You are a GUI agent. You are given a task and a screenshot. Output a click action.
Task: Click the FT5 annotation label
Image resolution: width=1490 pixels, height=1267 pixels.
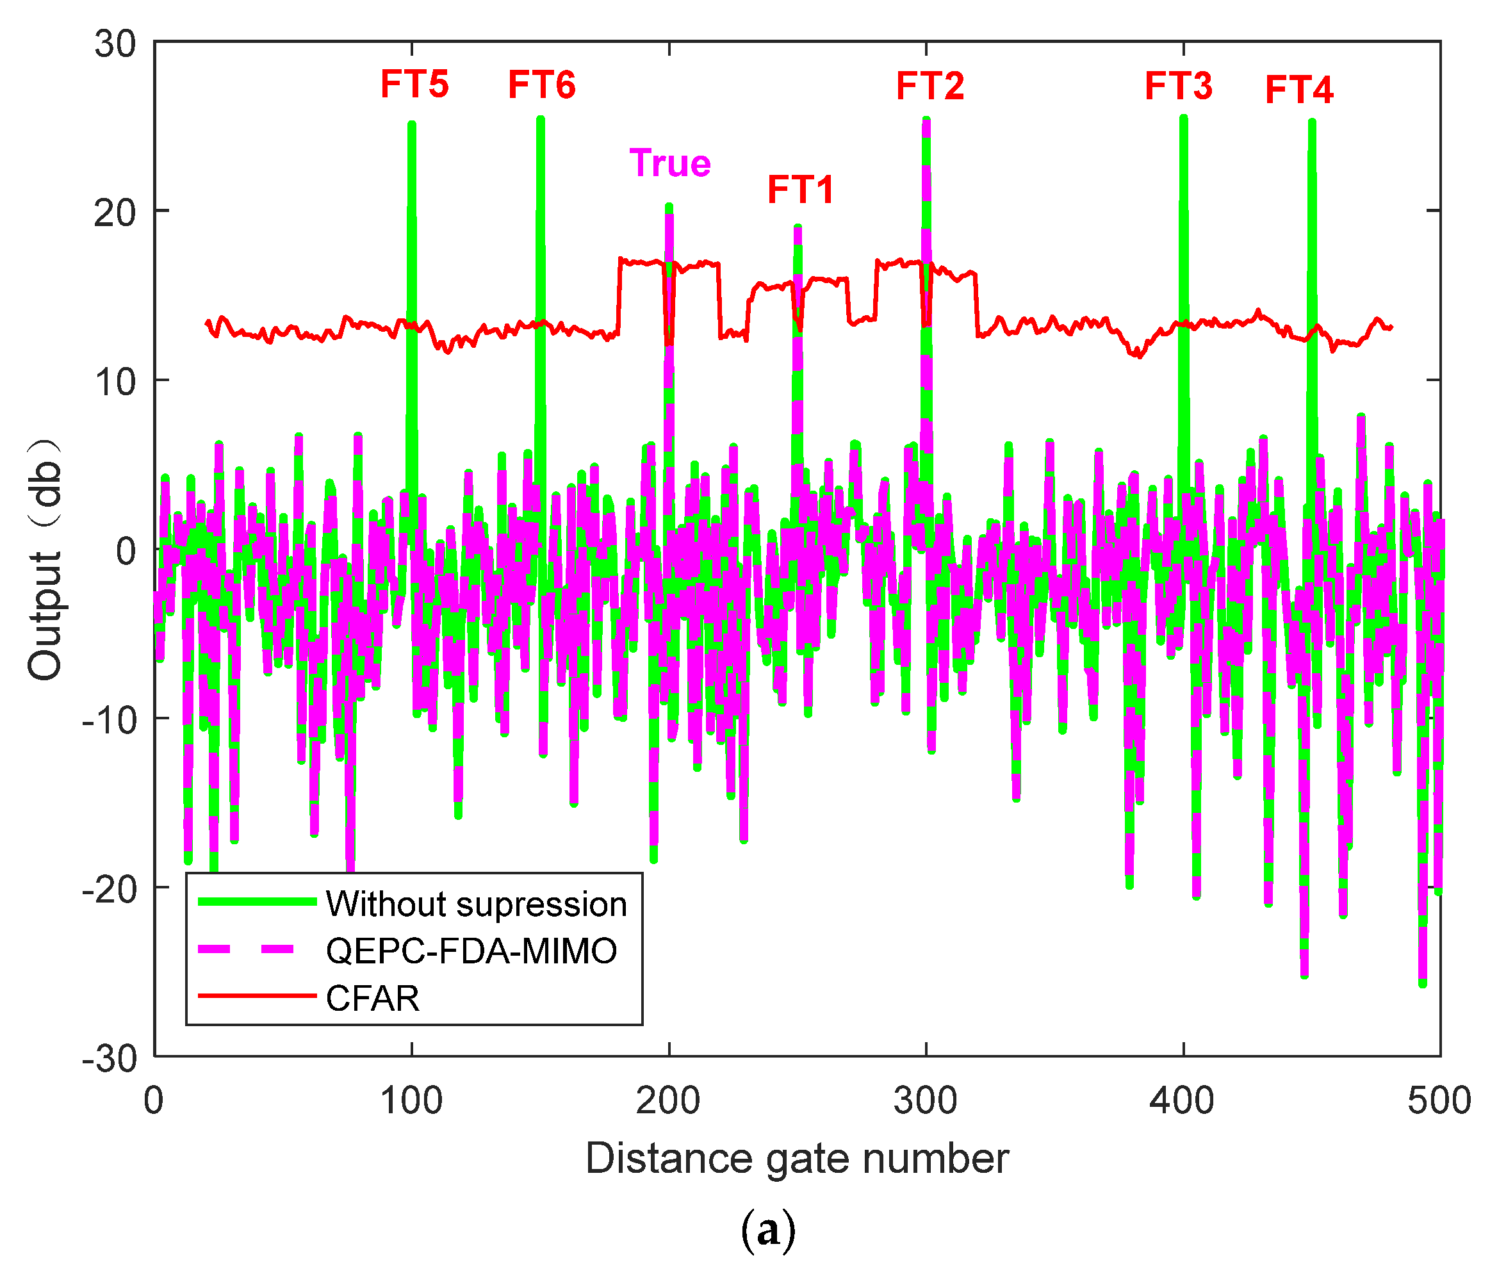coord(414,84)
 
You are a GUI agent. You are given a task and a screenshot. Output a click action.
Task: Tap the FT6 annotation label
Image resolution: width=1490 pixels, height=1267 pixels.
coord(542,85)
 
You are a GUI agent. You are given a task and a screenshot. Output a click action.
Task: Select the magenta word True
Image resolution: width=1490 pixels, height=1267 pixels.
coord(669,163)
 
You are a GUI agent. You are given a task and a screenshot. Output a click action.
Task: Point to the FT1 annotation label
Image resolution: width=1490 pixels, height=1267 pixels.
coord(800,190)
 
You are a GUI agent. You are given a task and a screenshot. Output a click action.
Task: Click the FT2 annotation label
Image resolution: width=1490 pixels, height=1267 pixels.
coord(929,86)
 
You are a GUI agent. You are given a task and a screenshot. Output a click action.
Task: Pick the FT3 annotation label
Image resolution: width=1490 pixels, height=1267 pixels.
coord(1178,86)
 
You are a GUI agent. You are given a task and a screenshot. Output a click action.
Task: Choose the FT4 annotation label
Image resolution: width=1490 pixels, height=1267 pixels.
coord(1298,90)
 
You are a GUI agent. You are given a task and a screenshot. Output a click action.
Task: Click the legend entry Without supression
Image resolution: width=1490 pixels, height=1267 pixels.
coord(475,904)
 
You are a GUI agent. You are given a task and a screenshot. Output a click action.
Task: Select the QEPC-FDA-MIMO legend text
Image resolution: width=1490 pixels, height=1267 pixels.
coord(471,951)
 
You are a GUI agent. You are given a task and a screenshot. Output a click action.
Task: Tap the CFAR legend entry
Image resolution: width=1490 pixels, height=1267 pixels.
coord(372,999)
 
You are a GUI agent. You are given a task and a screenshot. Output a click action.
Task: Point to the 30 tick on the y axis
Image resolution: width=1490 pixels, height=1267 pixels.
coord(115,45)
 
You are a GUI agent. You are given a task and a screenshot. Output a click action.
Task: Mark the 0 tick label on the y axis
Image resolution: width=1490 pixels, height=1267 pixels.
coord(126,552)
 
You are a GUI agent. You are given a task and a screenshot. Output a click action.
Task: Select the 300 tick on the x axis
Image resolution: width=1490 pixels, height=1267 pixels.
coord(925,1101)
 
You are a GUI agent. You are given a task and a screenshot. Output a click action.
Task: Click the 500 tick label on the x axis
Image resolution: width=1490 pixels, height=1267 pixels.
coord(1439,1101)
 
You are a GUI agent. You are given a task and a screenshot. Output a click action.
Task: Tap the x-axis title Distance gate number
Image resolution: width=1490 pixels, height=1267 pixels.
coord(797,1159)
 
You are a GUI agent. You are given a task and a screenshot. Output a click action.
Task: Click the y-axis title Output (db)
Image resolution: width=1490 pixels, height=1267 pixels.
coord(45,558)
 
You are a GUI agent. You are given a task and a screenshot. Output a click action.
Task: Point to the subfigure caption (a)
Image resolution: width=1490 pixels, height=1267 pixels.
coord(768,1230)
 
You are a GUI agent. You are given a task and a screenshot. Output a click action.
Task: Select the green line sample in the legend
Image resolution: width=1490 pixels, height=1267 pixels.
coord(256,902)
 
